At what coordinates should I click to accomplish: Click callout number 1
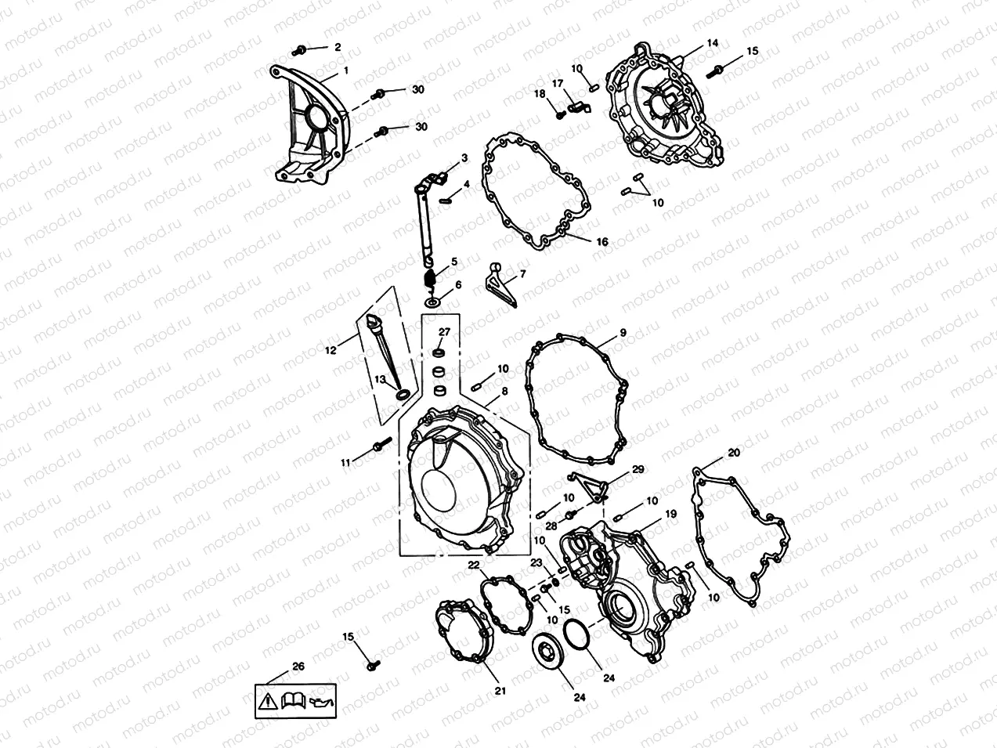345,70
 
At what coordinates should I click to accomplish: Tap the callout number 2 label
338,47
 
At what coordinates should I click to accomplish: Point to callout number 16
601,242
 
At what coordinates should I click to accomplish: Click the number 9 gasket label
623,333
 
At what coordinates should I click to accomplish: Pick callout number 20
733,453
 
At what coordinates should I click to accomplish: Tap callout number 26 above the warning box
298,667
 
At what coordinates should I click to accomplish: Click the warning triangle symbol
267,699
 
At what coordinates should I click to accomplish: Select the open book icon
291,699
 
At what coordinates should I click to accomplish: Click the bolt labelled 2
298,50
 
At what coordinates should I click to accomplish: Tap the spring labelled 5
428,279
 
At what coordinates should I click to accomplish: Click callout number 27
444,331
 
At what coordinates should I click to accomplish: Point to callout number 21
500,690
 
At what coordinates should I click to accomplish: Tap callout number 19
670,514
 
